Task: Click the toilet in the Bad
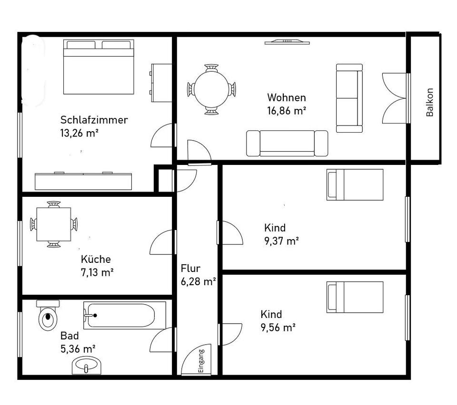pyautogui.click(x=48, y=315)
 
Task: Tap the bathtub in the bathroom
pyautogui.click(x=125, y=315)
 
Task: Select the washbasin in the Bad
pyautogui.click(x=87, y=366)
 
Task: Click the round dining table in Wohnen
pyautogui.click(x=211, y=89)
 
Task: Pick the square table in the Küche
pyautogui.click(x=54, y=224)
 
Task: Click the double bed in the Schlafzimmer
pyautogui.click(x=99, y=67)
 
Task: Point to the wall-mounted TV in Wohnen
pyautogui.click(x=287, y=42)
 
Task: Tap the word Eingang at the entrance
pyautogui.click(x=201, y=361)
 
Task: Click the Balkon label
pyautogui.click(x=429, y=102)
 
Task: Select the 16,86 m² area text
pyautogui.click(x=287, y=111)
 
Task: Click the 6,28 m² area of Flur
pyautogui.click(x=198, y=281)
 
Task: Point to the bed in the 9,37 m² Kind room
pyautogui.click(x=355, y=185)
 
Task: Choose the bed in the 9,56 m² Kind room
pyautogui.click(x=355, y=297)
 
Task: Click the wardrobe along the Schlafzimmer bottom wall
pyautogui.click(x=83, y=181)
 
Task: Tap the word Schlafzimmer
pyautogui.click(x=94, y=120)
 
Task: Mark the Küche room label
pyautogui.click(x=96, y=259)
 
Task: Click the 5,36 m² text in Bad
pyautogui.click(x=78, y=348)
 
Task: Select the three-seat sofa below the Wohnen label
pyautogui.click(x=287, y=143)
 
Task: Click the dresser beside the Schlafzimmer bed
pyautogui.click(x=161, y=83)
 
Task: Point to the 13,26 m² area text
pyautogui.click(x=79, y=133)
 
